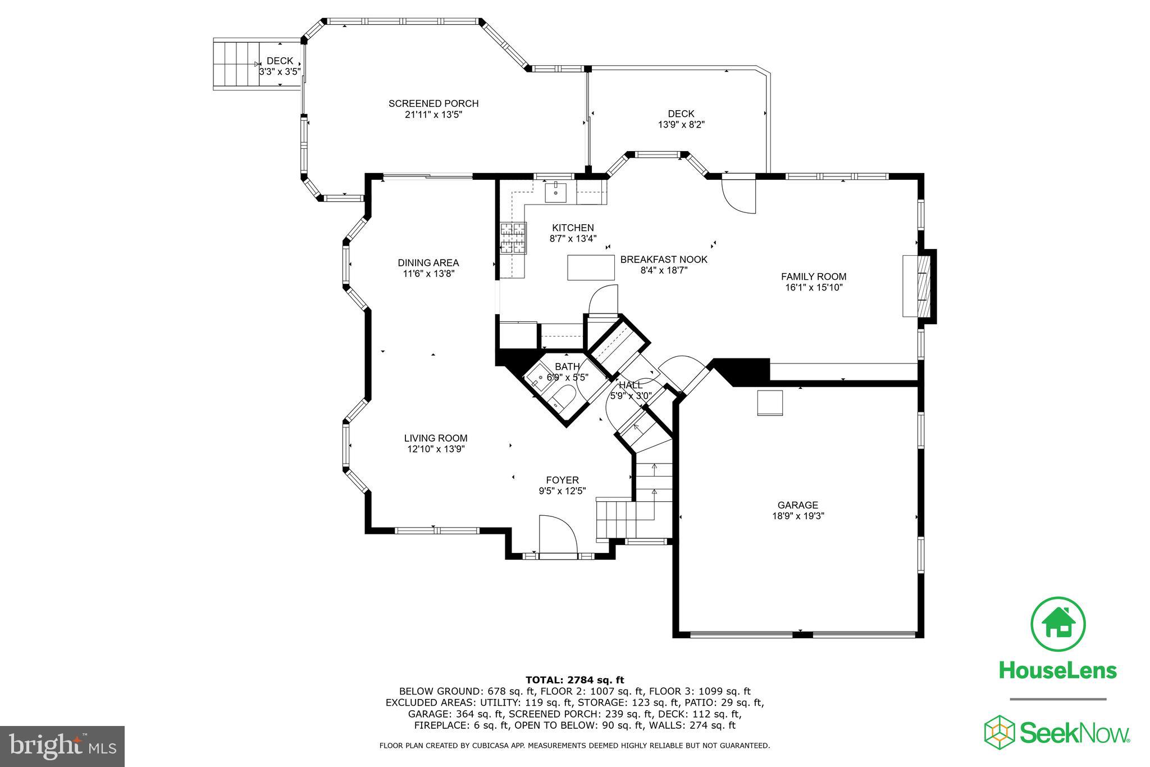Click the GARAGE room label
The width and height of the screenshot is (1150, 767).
coord(797,505)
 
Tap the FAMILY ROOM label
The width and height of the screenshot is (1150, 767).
coord(814,276)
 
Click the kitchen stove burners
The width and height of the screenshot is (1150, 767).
coord(513,238)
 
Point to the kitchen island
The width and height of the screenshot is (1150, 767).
coord(591,267)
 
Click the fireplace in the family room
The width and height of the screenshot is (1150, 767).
coord(920,286)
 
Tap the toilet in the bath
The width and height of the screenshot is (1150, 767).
coord(563,397)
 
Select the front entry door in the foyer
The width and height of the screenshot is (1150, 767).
coord(558,537)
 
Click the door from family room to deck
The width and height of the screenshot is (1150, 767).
coord(738,194)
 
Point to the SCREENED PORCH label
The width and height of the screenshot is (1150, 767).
coord(433,103)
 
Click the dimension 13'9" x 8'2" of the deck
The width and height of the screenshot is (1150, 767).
coord(681,125)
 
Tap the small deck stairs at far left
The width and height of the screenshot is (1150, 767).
coord(235,64)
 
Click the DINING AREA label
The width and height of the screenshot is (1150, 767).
coord(428,262)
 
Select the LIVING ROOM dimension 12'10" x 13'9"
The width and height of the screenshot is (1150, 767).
coord(436,449)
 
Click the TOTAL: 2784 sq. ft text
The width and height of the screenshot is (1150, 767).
coord(574,680)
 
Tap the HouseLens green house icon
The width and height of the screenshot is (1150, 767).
coord(1058,625)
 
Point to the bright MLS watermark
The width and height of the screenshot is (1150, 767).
coord(62,746)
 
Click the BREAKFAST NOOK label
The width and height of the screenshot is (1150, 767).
coord(664,260)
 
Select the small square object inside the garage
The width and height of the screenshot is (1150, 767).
coord(770,403)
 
